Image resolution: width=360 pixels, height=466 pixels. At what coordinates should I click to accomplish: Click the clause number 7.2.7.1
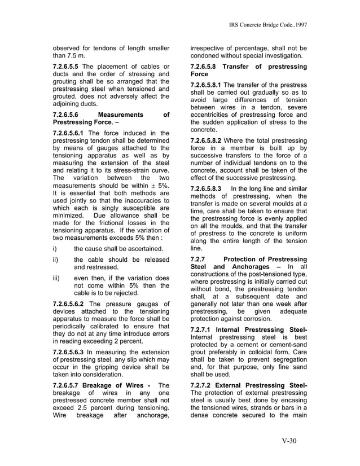click(204, 329)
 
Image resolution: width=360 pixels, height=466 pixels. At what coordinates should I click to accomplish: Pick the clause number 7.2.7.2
click(204, 385)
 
